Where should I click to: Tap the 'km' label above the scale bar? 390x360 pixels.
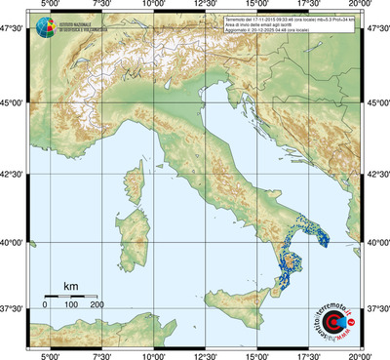click(x=70, y=285)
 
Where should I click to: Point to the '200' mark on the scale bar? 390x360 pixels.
click(x=97, y=305)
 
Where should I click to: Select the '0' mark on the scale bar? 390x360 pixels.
click(x=45, y=305)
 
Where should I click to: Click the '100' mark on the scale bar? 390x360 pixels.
click(x=71, y=305)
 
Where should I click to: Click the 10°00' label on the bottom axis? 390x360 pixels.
click(x=153, y=355)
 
